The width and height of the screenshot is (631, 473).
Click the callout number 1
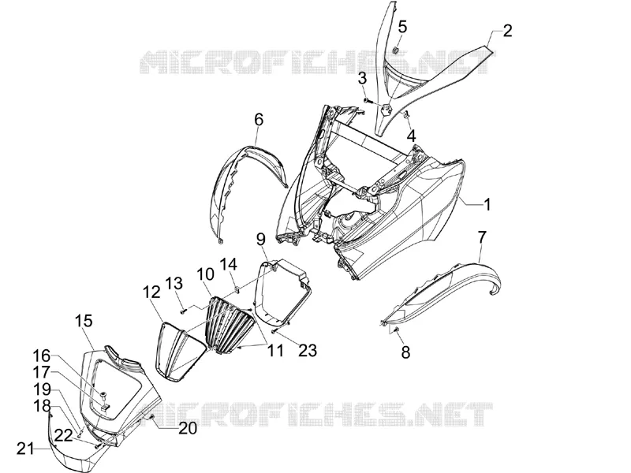point(487,204)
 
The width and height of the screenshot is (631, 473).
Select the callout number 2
point(507,31)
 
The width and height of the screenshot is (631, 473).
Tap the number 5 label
point(402,27)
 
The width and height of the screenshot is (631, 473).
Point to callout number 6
point(259,120)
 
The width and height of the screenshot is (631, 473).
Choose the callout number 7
point(482,237)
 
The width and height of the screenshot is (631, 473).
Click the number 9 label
point(261,240)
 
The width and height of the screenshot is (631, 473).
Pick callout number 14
point(228,265)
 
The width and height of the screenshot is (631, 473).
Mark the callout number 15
point(84,321)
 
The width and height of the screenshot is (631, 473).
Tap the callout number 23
point(308,350)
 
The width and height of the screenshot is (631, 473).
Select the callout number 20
point(188,428)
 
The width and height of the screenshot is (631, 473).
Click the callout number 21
point(26,449)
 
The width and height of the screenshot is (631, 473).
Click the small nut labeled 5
point(395,50)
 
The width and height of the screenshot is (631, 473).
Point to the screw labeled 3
point(367,88)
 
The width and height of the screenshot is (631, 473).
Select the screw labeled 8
point(396,330)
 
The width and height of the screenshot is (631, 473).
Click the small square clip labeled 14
point(237,289)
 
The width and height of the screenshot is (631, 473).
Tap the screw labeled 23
point(274,331)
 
